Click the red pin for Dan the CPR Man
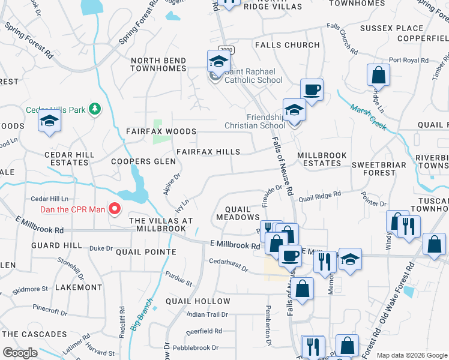114,209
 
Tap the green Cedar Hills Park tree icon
94,109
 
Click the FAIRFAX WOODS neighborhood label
161,131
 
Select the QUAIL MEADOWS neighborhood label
242,213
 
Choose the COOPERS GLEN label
143,161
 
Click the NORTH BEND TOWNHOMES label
159,64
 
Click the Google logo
20,353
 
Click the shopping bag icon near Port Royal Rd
379,75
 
